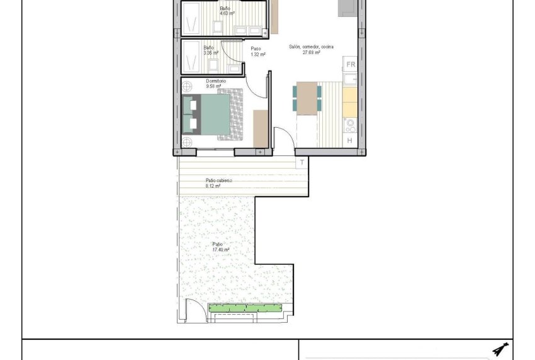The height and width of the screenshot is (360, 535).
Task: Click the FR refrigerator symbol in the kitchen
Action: [351, 64]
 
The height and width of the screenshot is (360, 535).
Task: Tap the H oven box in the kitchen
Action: [350, 140]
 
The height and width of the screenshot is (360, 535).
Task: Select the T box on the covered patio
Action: [302, 163]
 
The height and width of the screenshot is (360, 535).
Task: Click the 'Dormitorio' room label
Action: [216, 81]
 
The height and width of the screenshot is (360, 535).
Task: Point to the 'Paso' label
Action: [256, 48]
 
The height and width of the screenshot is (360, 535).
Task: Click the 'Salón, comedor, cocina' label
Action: [311, 47]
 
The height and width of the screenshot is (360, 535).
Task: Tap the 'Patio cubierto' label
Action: [218, 180]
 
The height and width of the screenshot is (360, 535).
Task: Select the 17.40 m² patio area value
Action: [220, 249]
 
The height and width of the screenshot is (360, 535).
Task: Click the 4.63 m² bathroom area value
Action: [227, 13]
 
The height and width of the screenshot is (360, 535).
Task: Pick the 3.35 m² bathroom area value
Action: [211, 53]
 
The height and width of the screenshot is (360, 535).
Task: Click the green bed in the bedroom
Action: [208, 114]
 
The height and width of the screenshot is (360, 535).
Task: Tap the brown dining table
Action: [307, 99]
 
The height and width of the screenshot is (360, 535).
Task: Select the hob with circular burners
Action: [350, 125]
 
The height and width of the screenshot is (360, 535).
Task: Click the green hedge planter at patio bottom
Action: [244, 308]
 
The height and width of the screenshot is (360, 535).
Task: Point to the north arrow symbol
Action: [500, 349]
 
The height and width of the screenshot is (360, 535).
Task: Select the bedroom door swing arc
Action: [257, 82]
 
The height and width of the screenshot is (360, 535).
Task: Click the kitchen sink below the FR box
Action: [350, 79]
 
